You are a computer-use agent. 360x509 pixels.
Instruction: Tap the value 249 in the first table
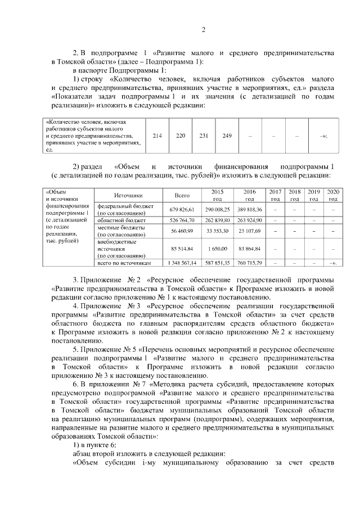pyautogui.click(x=227, y=136)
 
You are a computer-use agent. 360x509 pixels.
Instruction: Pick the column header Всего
pyautogui.click(x=182, y=195)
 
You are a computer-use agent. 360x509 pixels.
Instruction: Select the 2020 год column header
pyautogui.click(x=333, y=195)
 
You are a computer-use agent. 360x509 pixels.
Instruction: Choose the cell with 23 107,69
pyautogui.click(x=249, y=231)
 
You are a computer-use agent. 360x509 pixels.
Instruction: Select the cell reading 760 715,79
pyautogui.click(x=249, y=263)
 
